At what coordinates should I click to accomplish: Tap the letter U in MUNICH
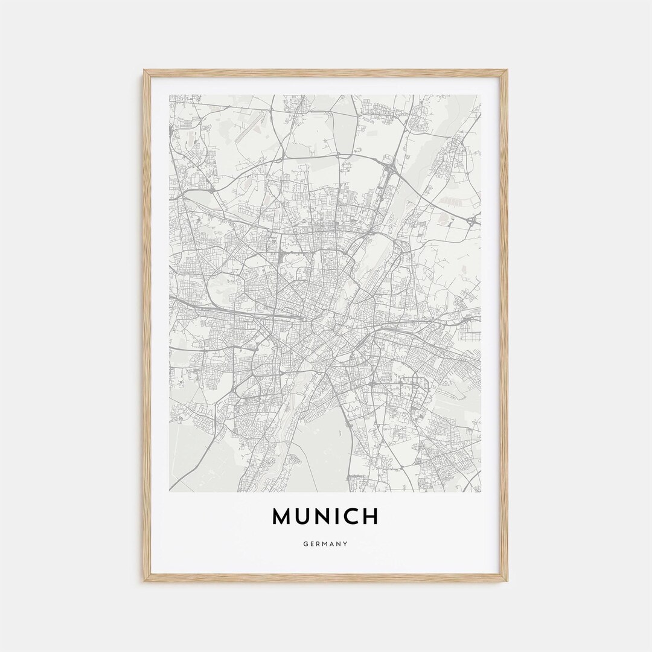(308, 516)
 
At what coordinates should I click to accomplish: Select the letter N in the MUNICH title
(328, 516)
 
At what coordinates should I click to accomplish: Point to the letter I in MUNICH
(344, 516)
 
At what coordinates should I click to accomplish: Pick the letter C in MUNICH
(356, 516)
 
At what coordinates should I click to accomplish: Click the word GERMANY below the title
(326, 544)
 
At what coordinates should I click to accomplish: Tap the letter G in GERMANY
(306, 544)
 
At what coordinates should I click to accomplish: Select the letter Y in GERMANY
(346, 544)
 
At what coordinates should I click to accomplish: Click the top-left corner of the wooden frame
(145, 71)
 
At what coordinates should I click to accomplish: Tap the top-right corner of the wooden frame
(507, 71)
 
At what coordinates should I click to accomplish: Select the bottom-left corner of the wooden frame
(145, 581)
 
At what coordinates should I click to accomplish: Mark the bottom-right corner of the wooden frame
(507, 581)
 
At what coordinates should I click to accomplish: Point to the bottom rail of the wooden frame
(326, 579)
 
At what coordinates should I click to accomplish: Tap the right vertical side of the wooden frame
(505, 326)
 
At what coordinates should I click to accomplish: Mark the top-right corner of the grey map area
(481, 95)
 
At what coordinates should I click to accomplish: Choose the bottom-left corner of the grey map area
(170, 491)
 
